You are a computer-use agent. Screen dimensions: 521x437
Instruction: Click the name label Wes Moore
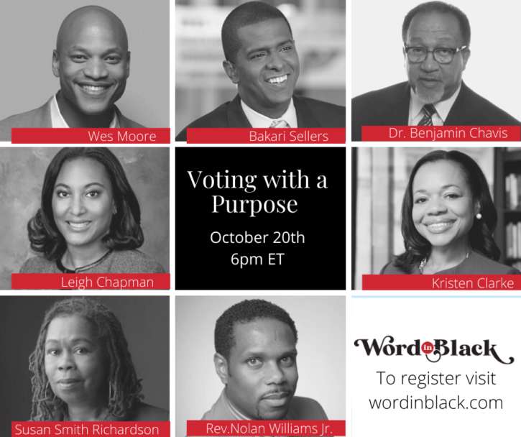click(x=122, y=137)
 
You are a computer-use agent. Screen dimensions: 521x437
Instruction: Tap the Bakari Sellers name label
click(x=288, y=137)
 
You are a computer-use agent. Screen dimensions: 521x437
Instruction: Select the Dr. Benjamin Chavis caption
click(x=448, y=133)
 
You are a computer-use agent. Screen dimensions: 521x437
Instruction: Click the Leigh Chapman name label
click(x=107, y=282)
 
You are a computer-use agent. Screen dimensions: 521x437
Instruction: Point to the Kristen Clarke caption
click(x=473, y=283)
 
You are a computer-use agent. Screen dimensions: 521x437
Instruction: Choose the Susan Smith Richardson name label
click(x=87, y=429)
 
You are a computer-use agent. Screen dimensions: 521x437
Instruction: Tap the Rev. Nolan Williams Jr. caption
click(x=269, y=428)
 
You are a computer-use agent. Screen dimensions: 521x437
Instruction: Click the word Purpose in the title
click(x=254, y=204)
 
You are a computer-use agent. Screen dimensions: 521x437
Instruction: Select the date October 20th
click(x=257, y=238)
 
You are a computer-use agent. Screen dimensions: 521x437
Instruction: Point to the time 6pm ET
click(x=257, y=259)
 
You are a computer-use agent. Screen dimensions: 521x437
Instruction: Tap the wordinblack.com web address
click(x=436, y=402)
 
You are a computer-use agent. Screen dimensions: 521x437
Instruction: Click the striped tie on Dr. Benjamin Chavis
click(x=428, y=114)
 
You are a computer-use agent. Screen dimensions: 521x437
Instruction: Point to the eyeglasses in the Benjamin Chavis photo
click(x=435, y=53)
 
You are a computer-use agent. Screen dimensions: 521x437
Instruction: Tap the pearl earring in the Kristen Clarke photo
click(x=479, y=216)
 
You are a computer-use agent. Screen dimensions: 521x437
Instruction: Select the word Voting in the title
click(x=222, y=180)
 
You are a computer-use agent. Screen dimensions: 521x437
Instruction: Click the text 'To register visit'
click(x=436, y=378)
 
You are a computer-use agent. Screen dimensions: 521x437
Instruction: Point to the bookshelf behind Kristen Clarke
click(x=508, y=206)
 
